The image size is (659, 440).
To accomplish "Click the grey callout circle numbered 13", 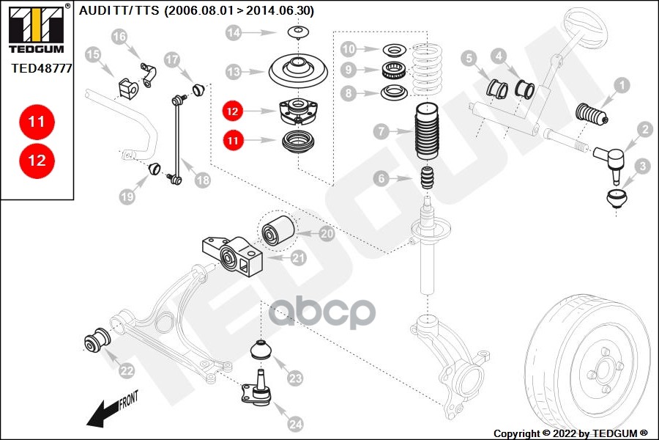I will pyautogui.click(x=234, y=72).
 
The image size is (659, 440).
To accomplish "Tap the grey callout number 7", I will pyautogui.click(x=380, y=133).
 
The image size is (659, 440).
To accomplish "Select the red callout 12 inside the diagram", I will pyautogui.click(x=233, y=112).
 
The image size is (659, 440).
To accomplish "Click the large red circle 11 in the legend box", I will pyautogui.click(x=37, y=122).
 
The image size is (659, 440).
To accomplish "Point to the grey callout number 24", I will pyautogui.click(x=295, y=423).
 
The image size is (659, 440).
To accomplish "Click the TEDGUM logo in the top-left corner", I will pyautogui.click(x=35, y=30).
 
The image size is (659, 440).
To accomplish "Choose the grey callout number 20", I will pyautogui.click(x=327, y=233).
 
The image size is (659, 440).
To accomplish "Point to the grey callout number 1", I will pyautogui.click(x=621, y=86).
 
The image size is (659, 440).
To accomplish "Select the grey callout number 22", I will pyautogui.click(x=127, y=371).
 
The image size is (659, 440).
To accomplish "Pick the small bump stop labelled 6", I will pyautogui.click(x=428, y=178).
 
